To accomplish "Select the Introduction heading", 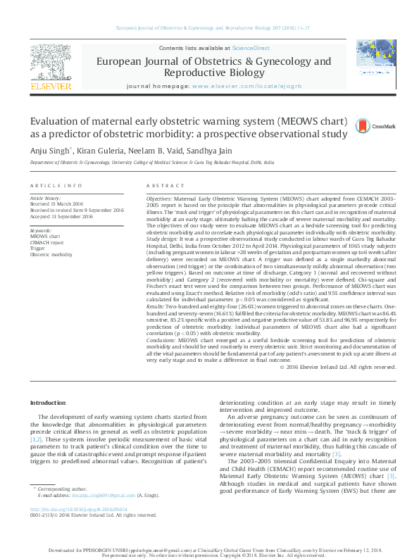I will pos(47,402).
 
